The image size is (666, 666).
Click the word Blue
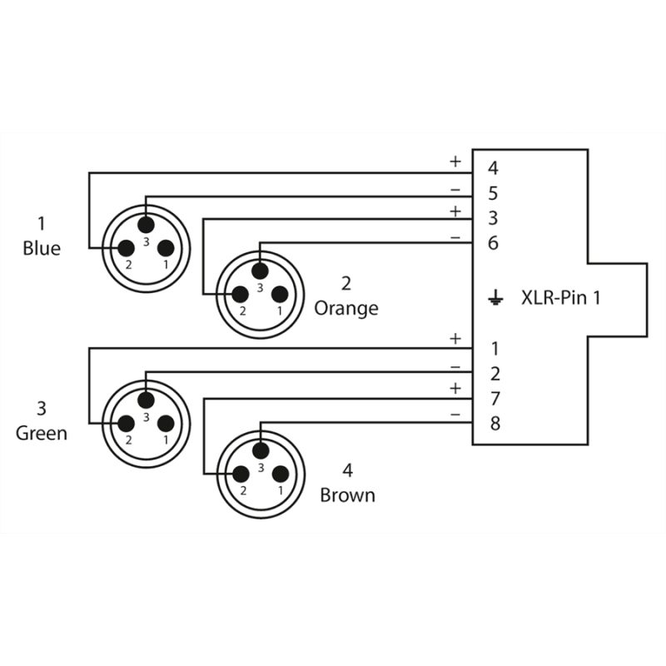pos(42,248)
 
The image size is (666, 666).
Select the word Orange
pos(346,308)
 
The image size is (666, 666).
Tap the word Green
pos(42,433)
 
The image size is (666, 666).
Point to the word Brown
pos(348,495)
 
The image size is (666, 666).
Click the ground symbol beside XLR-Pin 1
pos(495,296)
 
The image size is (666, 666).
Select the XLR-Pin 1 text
pos(559,296)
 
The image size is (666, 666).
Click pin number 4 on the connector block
pos(494,168)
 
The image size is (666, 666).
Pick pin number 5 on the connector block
pos(494,193)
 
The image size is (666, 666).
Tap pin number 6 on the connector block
pos(494,243)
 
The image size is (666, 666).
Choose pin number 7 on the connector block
pos(494,398)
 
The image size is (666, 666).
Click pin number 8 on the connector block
pos(494,424)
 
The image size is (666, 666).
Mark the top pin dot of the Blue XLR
pos(146,224)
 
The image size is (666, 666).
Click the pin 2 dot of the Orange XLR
pos(241,294)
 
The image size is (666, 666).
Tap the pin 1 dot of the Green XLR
pos(166,422)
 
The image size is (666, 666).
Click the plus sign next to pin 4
pos(455,161)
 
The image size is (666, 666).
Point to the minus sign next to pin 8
pos(455,414)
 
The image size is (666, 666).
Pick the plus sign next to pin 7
pos(455,388)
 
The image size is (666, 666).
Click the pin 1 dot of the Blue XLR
pos(166,247)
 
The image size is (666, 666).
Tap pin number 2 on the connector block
pos(494,373)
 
